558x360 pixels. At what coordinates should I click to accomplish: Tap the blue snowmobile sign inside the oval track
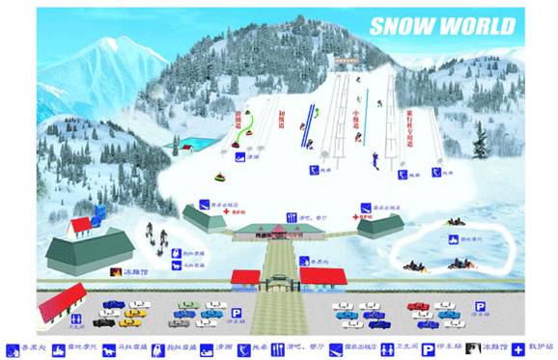click(x=452, y=237)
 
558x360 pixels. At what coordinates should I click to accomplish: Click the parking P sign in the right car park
click(x=478, y=307)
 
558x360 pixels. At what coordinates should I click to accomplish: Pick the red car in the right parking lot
click(x=417, y=306)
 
